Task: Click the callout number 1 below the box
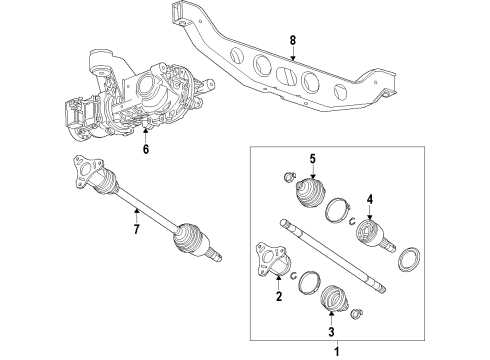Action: pos(337,351)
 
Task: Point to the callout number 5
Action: pos(312,159)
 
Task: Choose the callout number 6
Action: pos(145,150)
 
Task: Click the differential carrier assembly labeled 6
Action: pos(130,100)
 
